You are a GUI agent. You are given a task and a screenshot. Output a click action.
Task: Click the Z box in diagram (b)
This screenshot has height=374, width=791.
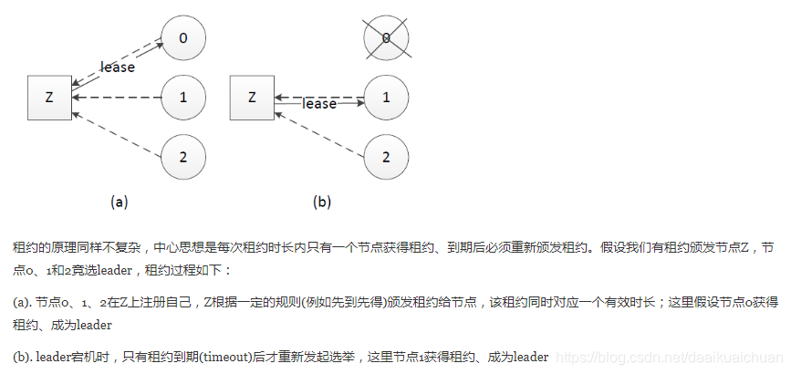pos(252,97)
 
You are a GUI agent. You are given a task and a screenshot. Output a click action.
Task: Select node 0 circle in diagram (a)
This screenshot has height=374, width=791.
pos(183,37)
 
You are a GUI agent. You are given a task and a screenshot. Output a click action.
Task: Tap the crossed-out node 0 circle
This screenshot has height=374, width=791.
pos(386,37)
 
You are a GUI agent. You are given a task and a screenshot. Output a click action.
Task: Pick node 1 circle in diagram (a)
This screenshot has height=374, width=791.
pos(183,97)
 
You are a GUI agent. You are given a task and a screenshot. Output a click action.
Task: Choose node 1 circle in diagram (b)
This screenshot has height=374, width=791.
pos(386,97)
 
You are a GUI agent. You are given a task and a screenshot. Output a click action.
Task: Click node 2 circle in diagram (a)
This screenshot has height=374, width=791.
pos(183,156)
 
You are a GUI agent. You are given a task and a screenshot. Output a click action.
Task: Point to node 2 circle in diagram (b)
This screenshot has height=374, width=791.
pos(386,156)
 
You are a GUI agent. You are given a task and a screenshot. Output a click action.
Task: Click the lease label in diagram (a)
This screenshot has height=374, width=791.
pos(118,67)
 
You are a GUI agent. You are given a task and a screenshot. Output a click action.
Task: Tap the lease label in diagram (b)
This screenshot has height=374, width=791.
pos(319,104)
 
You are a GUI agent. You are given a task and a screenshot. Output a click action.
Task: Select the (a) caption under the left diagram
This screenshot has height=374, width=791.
pos(119,202)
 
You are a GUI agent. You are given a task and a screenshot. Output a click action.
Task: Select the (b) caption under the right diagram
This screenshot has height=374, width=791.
pos(321,202)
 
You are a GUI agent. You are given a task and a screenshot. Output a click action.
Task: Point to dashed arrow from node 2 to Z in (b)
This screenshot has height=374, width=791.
pos(319,130)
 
